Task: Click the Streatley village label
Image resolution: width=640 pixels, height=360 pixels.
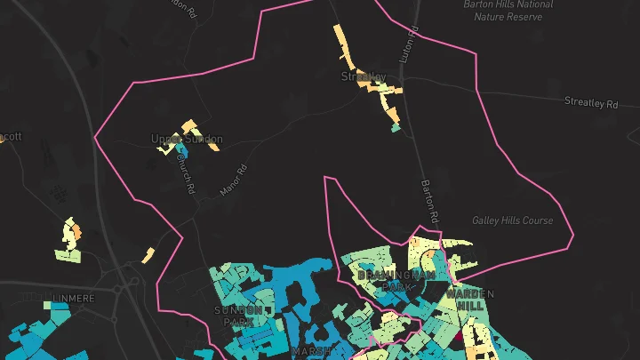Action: [x=364, y=77]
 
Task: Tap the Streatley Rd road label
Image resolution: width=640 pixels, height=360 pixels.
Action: [x=590, y=103]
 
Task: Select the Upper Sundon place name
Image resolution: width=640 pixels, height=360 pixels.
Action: [x=187, y=140]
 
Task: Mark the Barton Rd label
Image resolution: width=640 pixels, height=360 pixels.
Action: [x=429, y=201]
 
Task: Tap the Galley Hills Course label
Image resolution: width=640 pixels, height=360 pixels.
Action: [x=512, y=220]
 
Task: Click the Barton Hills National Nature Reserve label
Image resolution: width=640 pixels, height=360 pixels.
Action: [x=508, y=10]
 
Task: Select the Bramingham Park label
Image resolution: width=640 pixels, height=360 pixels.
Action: [x=396, y=281]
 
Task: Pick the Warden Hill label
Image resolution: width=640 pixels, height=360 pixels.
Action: [x=470, y=299]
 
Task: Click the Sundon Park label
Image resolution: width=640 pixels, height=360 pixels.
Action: [x=238, y=316]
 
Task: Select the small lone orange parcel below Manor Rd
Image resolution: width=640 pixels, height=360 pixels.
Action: [x=148, y=256]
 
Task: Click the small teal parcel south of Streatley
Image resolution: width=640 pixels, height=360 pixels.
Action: [x=396, y=128]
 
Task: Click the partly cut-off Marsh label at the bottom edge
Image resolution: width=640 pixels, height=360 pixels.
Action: [x=311, y=352]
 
